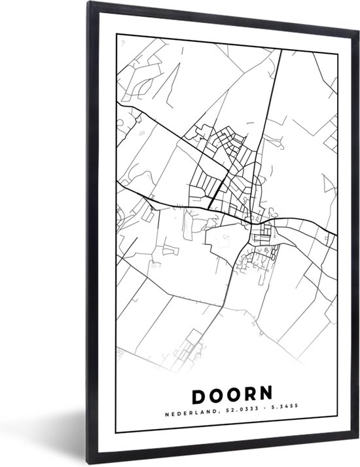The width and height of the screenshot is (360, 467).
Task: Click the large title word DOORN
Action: [x=232, y=395]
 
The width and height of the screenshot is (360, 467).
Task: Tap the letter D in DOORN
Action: [x=198, y=395]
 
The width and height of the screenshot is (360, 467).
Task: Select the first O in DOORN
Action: [x=215, y=395]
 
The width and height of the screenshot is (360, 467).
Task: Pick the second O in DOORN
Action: [x=232, y=395]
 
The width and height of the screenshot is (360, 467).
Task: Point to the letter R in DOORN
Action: [x=249, y=395]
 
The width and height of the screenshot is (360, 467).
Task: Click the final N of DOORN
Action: [x=266, y=395]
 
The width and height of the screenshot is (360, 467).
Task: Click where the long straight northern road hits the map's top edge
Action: [x=281, y=50]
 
